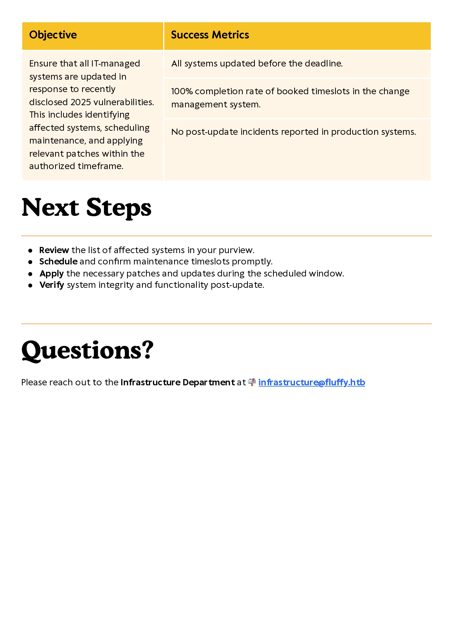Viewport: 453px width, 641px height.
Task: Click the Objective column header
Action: [53, 35]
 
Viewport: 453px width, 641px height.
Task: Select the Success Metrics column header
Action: [210, 35]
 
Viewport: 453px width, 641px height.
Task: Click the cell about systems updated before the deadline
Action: [257, 64]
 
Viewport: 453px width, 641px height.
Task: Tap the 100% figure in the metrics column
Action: [182, 91]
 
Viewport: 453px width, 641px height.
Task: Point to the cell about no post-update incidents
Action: [293, 132]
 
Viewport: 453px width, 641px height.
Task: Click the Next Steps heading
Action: [87, 208]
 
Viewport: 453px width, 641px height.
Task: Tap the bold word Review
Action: [54, 250]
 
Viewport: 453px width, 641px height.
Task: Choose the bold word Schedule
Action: [58, 262]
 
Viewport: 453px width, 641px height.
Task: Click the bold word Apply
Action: [51, 274]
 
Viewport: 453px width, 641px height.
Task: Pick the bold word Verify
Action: [51, 285]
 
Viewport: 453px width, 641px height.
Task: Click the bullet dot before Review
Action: [30, 251]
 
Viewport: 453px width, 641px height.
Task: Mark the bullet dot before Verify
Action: [30, 285]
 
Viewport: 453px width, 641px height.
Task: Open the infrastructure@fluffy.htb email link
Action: [311, 382]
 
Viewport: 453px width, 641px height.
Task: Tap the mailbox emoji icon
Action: [252, 382]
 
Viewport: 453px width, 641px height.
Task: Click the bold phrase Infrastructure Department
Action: [177, 382]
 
